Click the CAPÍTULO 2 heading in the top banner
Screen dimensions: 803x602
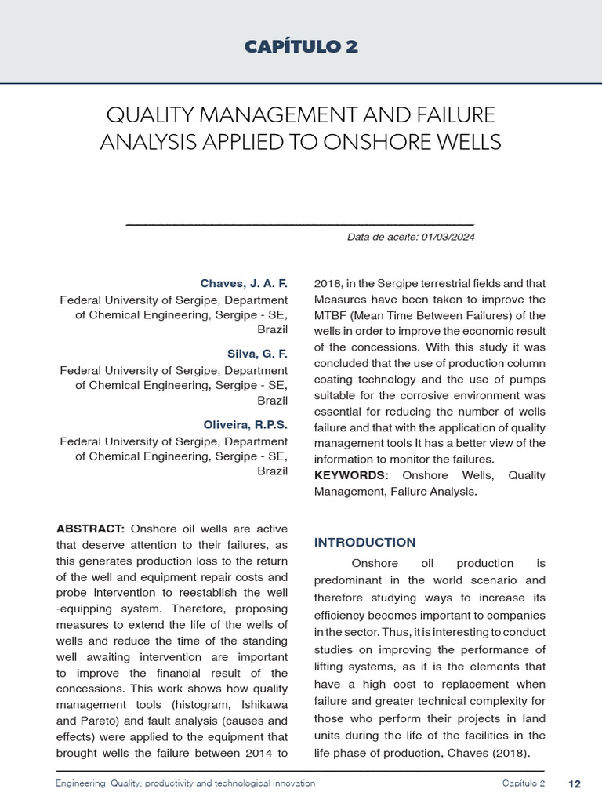pos(301,47)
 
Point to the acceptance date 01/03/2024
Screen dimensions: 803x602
pos(446,237)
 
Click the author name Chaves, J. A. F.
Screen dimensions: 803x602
pos(244,283)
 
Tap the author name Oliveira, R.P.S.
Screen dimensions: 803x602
pos(245,424)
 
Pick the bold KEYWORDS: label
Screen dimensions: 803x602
pos(351,475)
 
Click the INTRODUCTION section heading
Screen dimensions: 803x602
pos(364,542)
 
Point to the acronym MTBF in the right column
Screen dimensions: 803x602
pos(330,315)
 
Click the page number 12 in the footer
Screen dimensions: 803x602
pos(575,783)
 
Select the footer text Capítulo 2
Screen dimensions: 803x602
pos(524,783)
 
